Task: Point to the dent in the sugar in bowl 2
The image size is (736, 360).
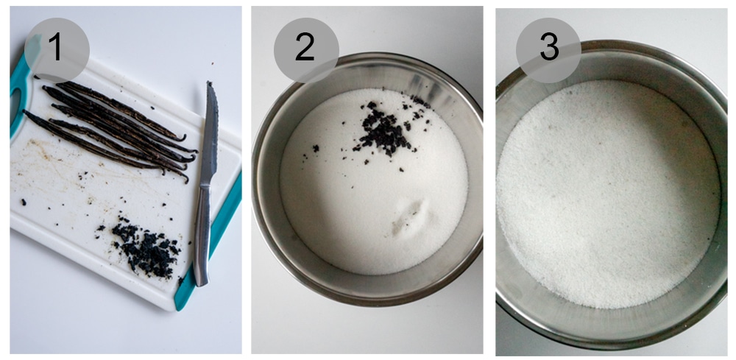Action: (x=409, y=218)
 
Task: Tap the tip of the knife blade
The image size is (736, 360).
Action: (x=210, y=85)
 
